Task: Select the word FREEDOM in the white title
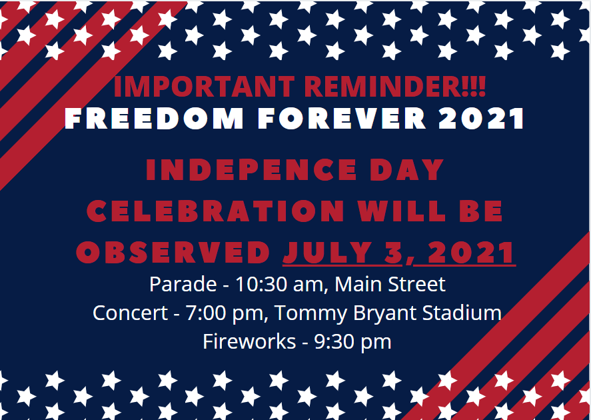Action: (155, 118)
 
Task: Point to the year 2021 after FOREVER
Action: (482, 118)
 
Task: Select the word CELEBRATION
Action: (216, 211)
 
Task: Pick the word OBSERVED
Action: (173, 253)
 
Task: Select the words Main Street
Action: (390, 285)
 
